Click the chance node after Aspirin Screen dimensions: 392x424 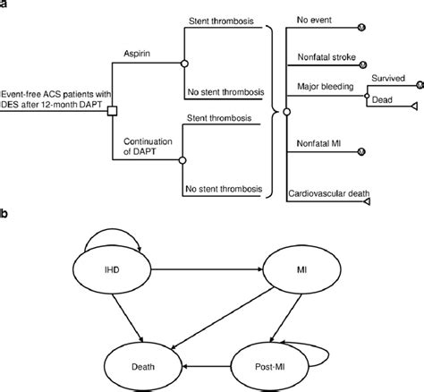coord(182,64)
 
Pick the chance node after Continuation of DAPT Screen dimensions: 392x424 coord(182,159)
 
